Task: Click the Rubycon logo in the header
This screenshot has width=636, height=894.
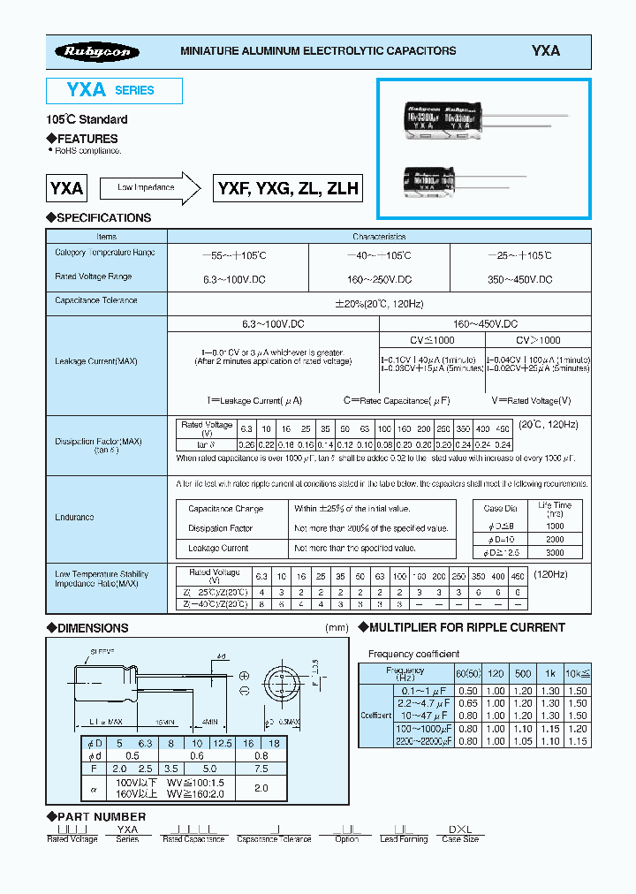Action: point(96,52)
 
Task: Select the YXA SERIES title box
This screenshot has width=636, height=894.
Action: point(114,91)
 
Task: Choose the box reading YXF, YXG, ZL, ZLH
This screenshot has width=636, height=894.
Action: point(287,188)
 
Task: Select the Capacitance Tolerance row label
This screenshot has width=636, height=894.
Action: point(96,300)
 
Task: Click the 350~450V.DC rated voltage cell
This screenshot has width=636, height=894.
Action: point(520,279)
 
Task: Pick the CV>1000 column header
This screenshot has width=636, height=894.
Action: point(538,340)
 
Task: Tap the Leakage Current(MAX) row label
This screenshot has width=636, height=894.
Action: point(96,361)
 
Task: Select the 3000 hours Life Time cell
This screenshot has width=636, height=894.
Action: point(555,551)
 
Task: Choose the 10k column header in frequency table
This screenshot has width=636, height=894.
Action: point(577,670)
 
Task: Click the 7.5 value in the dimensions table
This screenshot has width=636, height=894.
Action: point(262,769)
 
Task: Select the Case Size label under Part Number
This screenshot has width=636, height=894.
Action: point(460,838)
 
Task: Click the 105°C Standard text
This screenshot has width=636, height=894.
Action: point(87,119)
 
